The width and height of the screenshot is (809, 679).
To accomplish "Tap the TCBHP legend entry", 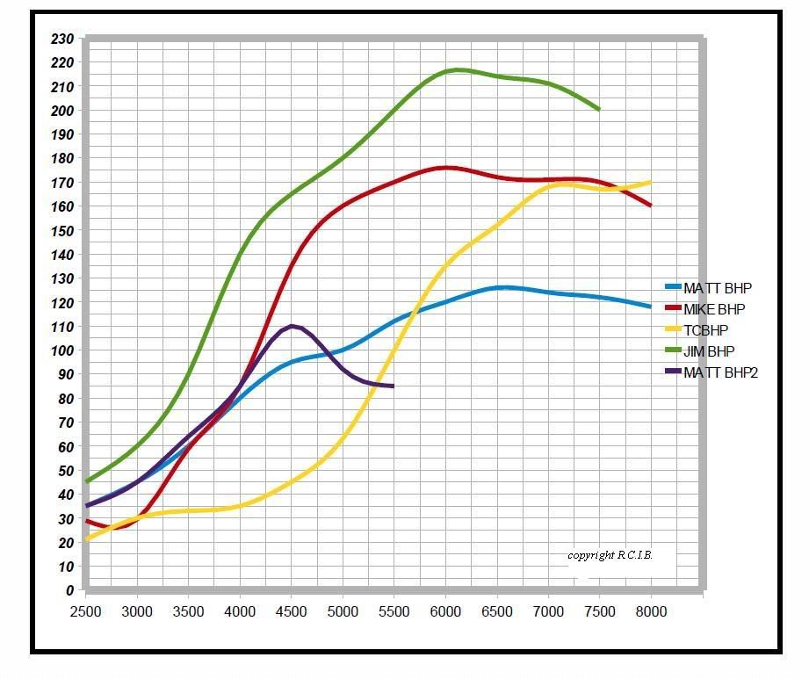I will [x=705, y=330].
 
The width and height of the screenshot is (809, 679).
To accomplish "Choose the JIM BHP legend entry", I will [x=709, y=351].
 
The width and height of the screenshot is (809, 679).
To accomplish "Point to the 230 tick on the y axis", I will [x=62, y=39].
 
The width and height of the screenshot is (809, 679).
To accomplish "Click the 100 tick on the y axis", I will [x=62, y=350].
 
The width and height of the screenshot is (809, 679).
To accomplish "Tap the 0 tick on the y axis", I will [x=69, y=590].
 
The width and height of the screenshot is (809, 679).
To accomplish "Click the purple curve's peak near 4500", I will [x=292, y=326].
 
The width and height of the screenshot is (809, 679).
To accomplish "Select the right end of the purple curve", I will [x=394, y=386].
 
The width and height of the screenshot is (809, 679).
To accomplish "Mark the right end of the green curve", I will [x=599, y=110].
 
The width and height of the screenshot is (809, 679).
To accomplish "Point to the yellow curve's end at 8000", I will [x=651, y=182].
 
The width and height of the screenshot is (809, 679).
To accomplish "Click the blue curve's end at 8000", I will [x=651, y=307].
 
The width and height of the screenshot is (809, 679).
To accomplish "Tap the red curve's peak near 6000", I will [x=445, y=168].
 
